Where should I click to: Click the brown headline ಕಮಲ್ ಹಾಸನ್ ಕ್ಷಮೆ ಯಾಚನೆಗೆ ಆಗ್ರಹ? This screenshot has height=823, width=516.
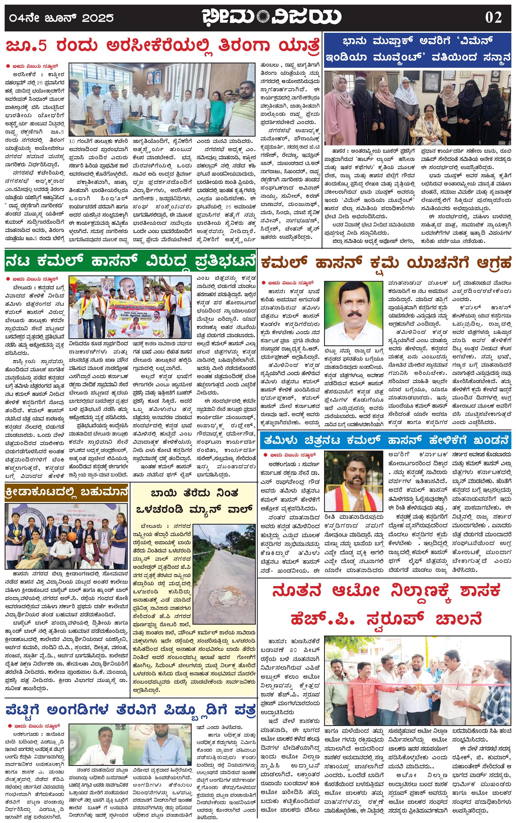coord(385,263)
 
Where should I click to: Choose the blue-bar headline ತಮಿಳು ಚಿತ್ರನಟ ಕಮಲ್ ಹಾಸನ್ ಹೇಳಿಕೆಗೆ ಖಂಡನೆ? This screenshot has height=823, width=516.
coord(385,440)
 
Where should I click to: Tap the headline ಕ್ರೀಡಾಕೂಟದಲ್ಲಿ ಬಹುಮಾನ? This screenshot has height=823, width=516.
coord(67,492)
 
